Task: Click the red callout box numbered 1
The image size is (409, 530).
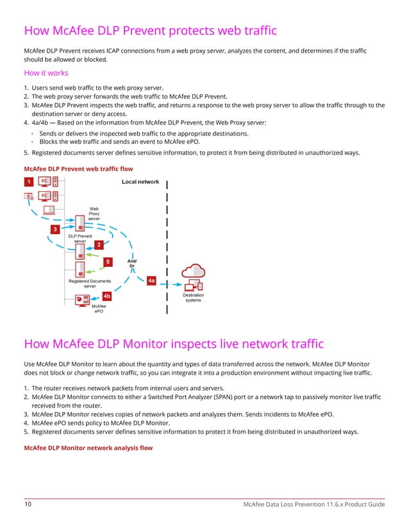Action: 28,182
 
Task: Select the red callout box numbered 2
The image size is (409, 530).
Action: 98,244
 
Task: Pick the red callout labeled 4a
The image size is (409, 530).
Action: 151,280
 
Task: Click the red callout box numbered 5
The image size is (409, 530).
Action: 108,262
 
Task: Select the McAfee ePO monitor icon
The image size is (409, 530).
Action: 82,300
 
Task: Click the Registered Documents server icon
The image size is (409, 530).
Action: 80,269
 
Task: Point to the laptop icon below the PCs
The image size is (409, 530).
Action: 49,210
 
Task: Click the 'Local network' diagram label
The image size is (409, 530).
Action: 140,182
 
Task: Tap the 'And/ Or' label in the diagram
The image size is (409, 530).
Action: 133,263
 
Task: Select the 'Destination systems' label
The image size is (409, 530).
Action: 193,298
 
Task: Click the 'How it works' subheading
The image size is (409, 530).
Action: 46,73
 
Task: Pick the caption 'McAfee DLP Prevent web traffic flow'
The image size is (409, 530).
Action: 78,169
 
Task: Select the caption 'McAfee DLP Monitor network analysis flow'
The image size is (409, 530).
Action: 88,448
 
